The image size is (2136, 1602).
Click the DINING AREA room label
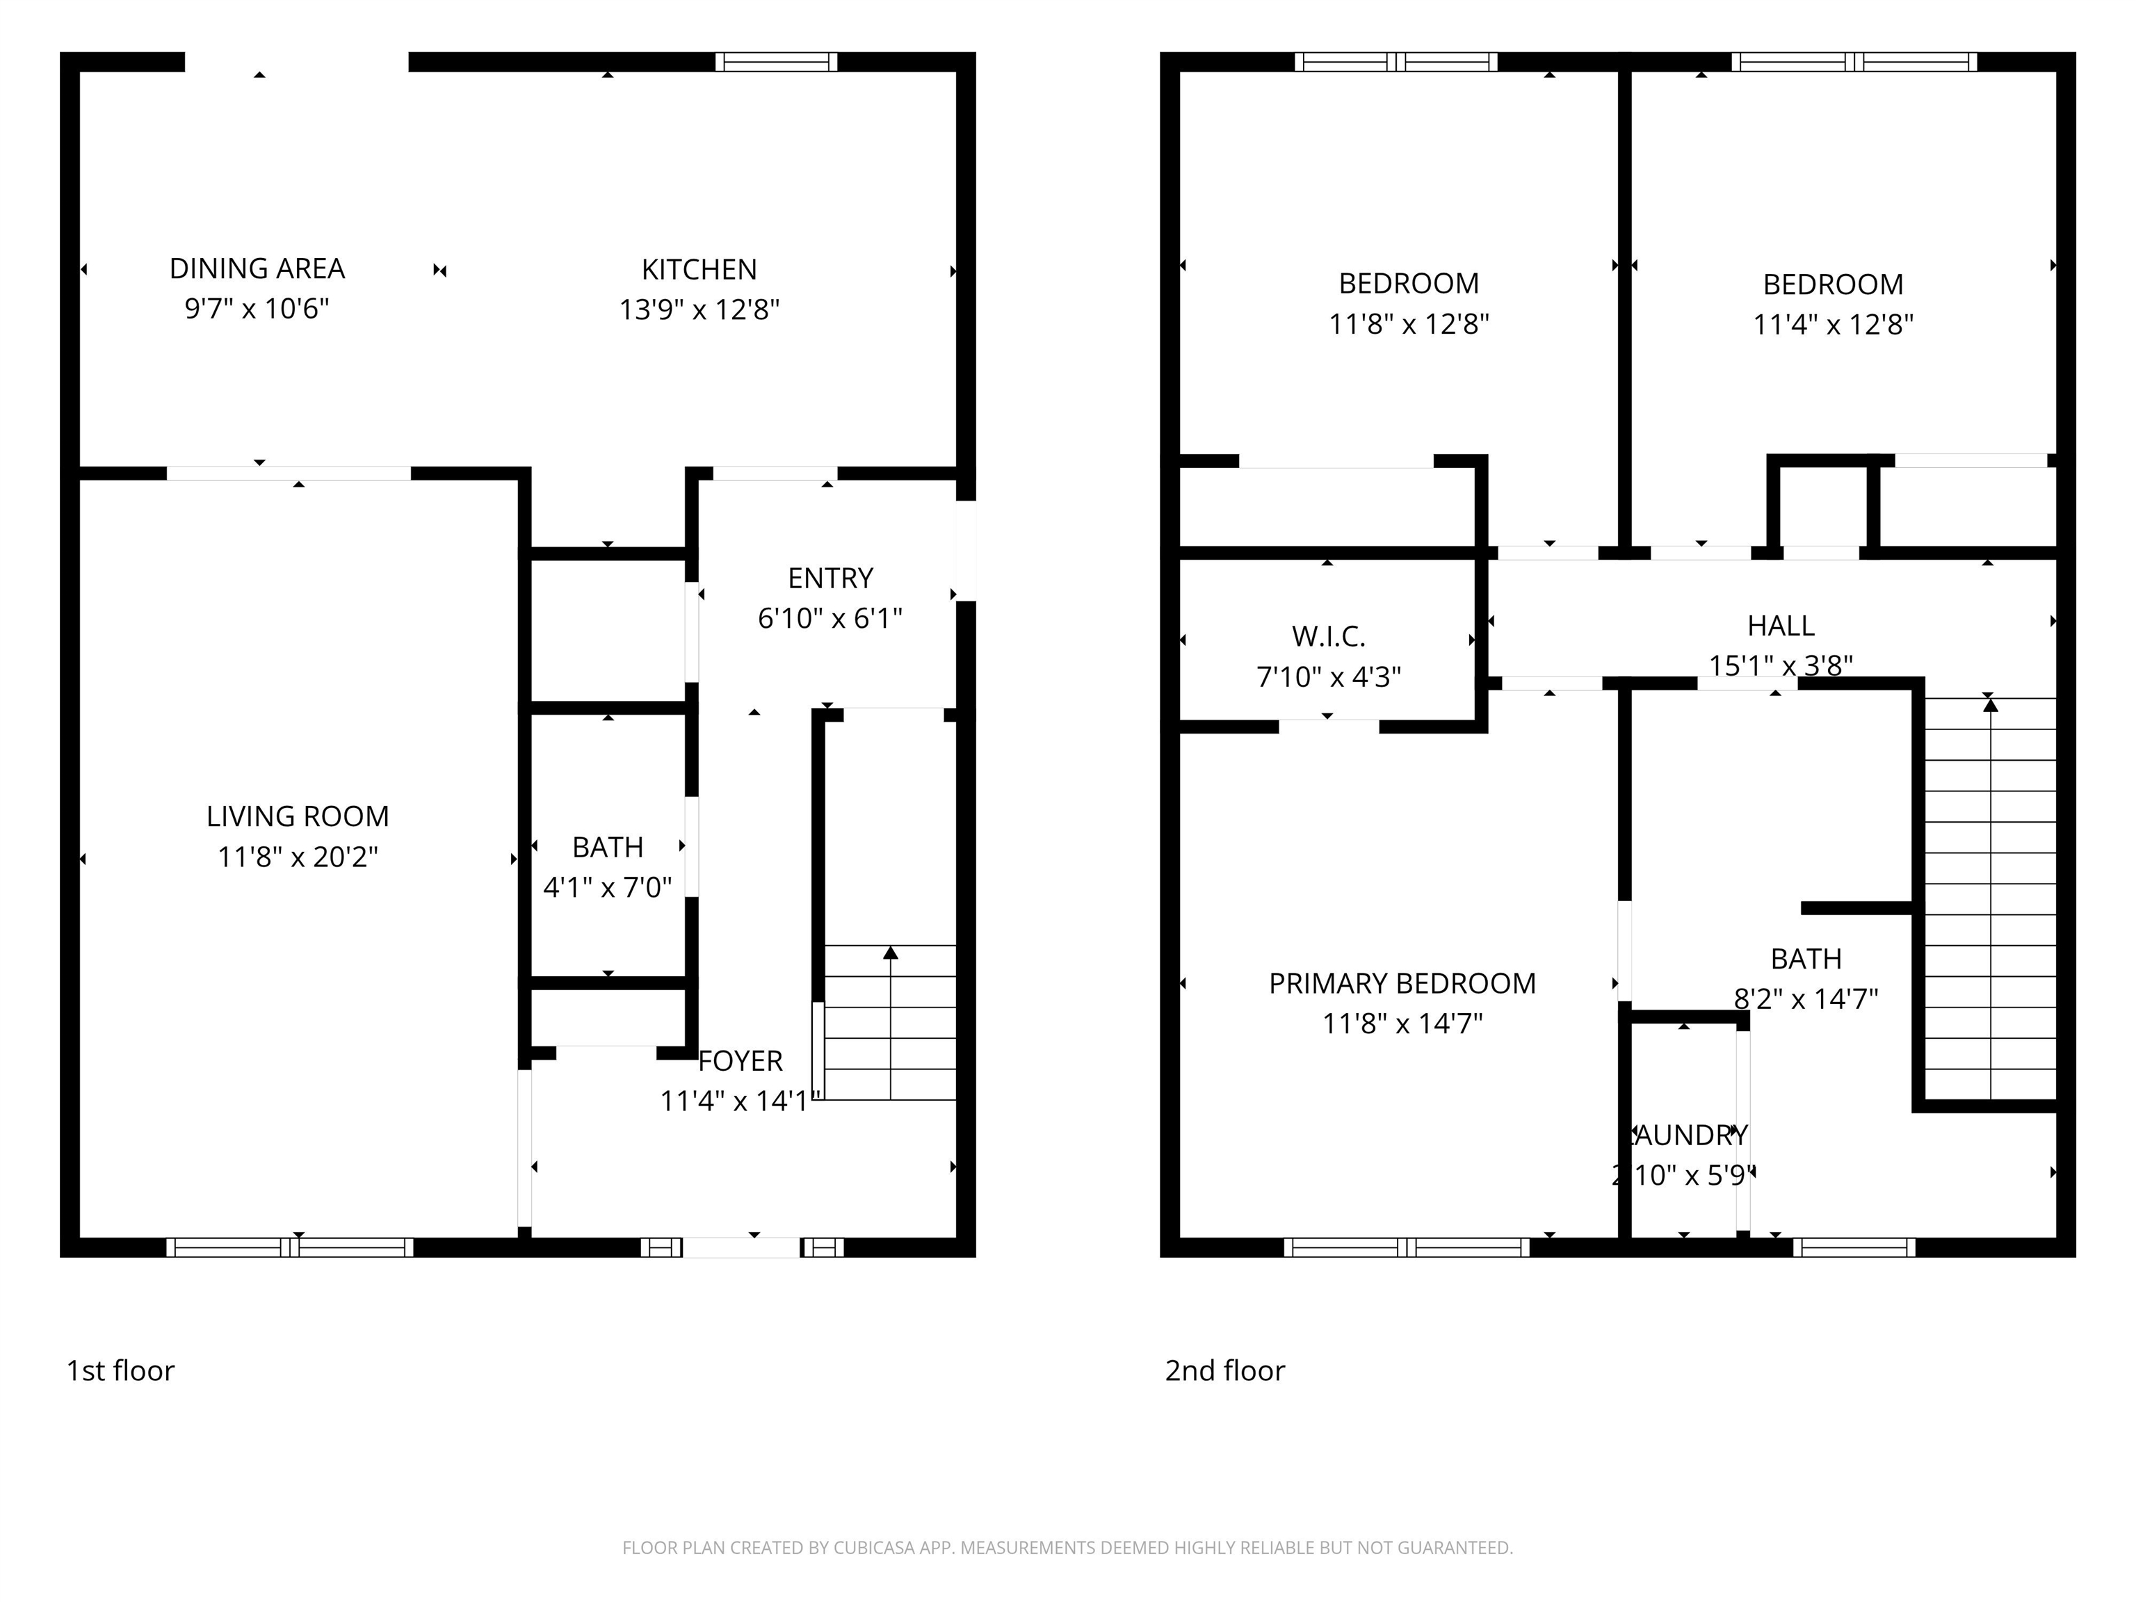tap(257, 268)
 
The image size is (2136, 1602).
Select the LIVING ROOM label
tap(298, 817)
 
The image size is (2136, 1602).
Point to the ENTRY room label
tap(830, 578)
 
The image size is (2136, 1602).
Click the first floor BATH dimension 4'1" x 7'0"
tap(608, 887)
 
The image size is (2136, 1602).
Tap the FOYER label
tap(740, 1061)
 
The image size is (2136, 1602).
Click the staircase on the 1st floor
tap(889, 1023)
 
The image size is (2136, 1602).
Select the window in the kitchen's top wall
tap(777, 63)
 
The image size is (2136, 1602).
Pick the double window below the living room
tap(290, 1247)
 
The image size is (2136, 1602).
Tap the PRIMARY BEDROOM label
tap(1402, 984)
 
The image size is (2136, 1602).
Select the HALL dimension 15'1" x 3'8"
tap(1781, 666)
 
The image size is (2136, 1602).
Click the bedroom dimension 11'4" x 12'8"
tap(1833, 325)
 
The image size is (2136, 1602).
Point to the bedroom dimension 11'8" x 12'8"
tap(1409, 323)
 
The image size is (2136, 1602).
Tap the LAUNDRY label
tap(1689, 1135)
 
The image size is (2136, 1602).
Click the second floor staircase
tap(1989, 898)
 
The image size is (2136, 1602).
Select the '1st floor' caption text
tap(121, 1371)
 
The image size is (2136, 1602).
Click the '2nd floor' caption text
tap(1224, 1371)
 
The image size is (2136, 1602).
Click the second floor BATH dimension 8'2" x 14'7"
tap(1806, 998)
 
